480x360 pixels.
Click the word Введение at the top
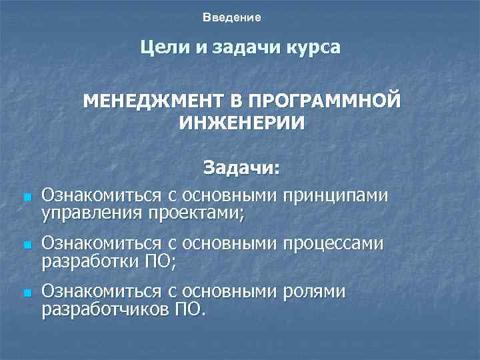pyautogui.click(x=232, y=16)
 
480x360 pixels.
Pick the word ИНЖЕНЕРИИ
pyautogui.click(x=242, y=123)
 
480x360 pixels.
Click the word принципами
pyautogui.click(x=335, y=195)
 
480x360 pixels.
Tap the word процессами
pyautogui.click(x=333, y=244)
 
